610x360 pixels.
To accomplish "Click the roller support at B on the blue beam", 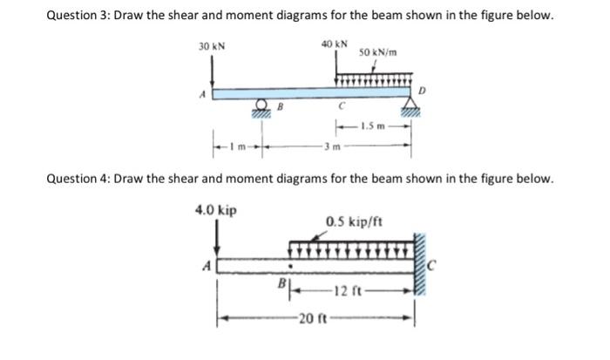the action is [x=260, y=108].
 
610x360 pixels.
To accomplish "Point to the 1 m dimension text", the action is [x=236, y=146].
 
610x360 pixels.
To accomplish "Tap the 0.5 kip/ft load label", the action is [x=354, y=221].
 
